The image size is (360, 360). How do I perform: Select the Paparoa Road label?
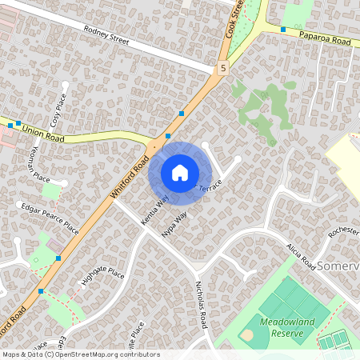point(326,37)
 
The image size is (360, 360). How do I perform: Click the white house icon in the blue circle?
point(180,172)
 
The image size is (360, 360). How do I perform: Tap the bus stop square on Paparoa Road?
point(283,29)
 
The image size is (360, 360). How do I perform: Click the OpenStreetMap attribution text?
point(81,354)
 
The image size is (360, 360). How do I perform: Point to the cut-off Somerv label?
point(339,265)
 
